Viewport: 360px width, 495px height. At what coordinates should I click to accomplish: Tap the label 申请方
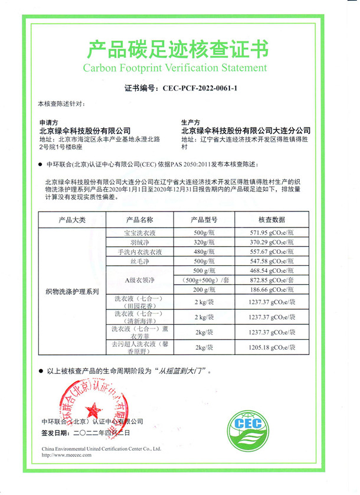[48, 122]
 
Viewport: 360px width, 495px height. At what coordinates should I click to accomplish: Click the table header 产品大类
[72, 220]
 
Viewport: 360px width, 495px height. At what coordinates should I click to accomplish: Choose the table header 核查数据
[271, 220]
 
